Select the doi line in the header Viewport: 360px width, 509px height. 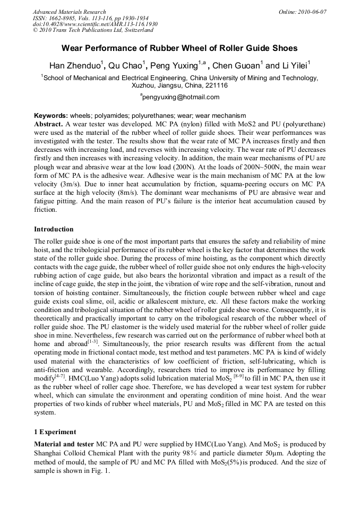(x=95, y=24)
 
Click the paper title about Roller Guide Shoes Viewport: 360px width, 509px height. (x=180, y=48)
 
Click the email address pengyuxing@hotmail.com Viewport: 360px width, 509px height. (x=181, y=97)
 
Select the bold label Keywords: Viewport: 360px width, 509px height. (x=51, y=116)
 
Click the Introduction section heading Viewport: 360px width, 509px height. (x=54, y=229)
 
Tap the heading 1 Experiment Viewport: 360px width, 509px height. (x=55, y=432)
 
